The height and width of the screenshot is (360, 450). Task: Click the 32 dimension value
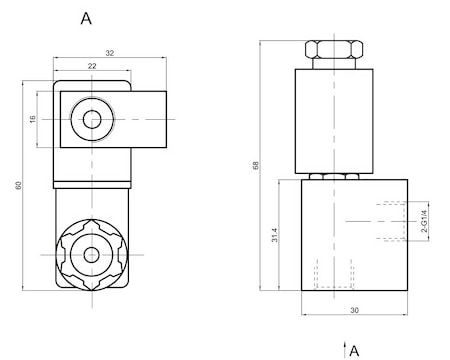point(110,53)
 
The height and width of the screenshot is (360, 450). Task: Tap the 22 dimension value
point(92,66)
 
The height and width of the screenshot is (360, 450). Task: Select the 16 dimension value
point(32,119)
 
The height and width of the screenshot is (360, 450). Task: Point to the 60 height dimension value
point(18,185)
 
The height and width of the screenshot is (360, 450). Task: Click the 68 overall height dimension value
point(256,165)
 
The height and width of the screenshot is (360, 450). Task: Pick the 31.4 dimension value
point(274,235)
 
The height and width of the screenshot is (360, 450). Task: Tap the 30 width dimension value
point(354,310)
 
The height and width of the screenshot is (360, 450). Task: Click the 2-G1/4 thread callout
point(424,221)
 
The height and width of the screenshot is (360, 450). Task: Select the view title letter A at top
point(86,18)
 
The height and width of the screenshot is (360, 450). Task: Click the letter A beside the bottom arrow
point(354,351)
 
